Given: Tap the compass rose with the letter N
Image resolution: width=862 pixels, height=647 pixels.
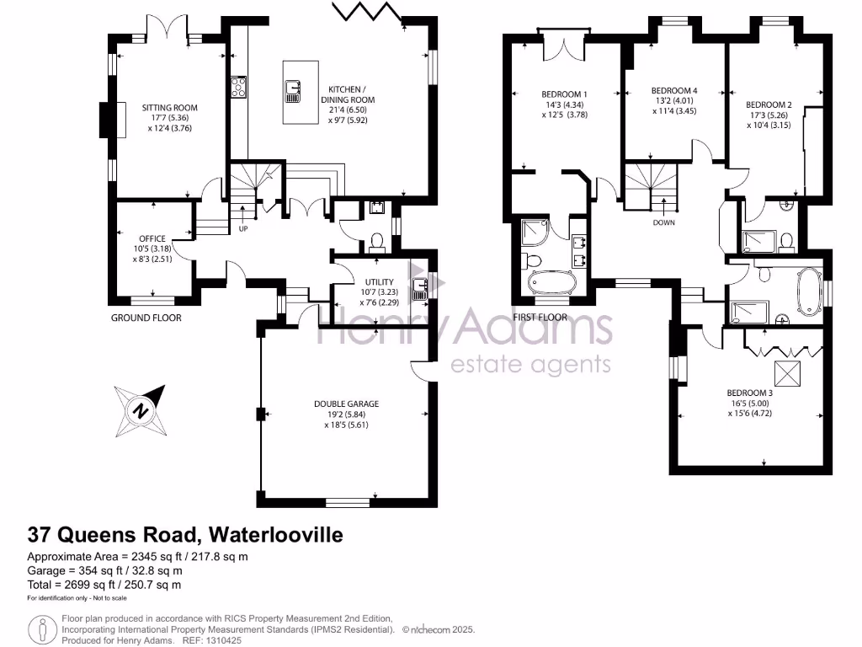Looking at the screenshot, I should coord(138,410).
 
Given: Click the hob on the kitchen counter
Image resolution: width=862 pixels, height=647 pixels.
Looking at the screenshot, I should coord(239,87).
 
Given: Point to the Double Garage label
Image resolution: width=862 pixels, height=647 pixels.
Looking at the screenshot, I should coord(346,404).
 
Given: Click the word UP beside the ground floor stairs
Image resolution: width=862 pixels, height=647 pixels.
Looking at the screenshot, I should coord(244,228).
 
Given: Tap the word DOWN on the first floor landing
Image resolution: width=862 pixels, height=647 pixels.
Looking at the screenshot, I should coord(664,222).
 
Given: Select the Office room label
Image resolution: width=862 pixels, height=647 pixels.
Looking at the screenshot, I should coord(153,238).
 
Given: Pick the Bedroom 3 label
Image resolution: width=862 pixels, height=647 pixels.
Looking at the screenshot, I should coord(749,393).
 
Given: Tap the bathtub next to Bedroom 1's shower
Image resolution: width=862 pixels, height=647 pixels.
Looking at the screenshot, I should coord(551,283).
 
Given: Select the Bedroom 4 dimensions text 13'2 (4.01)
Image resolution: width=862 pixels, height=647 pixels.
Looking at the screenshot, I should coord(674,101).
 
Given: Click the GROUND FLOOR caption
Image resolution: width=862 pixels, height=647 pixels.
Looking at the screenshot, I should coord(146,318).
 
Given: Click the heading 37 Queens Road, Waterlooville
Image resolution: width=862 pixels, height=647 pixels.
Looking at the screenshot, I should coord(185,534).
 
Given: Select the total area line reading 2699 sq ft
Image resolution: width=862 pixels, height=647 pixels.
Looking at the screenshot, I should coord(104,584).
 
